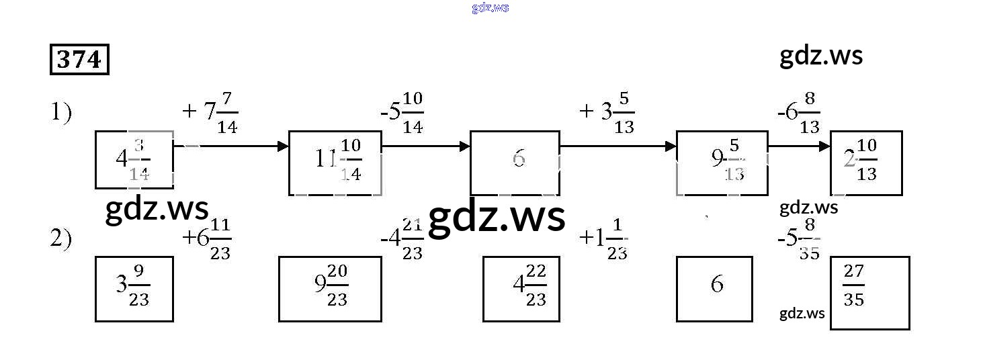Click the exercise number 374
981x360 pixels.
coord(79,60)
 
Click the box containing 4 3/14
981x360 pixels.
coord(134,160)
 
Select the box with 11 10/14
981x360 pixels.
coord(335,163)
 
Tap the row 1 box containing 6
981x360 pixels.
coord(515,163)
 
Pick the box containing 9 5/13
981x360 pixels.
coord(722,163)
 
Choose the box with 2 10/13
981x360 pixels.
coord(866,163)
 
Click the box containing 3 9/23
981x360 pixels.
coord(134,289)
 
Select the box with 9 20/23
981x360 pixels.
coord(330,289)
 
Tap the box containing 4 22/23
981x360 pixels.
coord(521,289)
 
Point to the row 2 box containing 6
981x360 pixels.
coord(714,289)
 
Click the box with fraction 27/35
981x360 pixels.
coord(870,293)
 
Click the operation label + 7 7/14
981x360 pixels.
coord(210,112)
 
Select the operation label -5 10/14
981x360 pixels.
coord(402,112)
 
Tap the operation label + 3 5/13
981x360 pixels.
coord(607,112)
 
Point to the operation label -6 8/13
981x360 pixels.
coord(798,112)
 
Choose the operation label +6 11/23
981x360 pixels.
coord(207,239)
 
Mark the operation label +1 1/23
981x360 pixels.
coord(603,239)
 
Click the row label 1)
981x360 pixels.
coord(61,112)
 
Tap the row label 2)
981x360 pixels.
coord(61,239)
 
